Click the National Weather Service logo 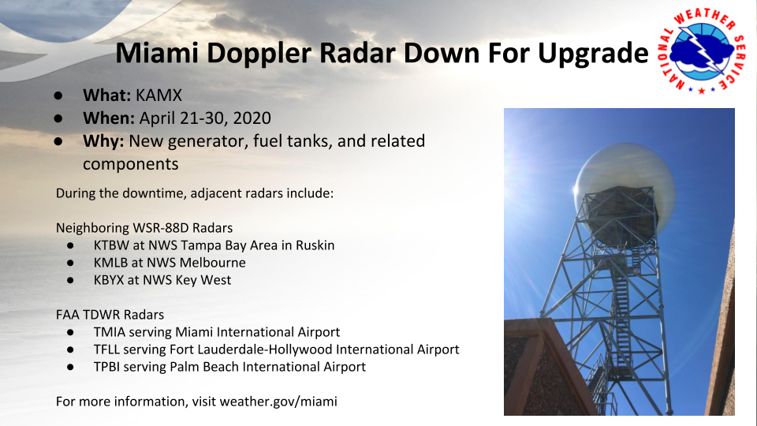701,51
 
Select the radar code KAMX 158,95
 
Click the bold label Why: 103,141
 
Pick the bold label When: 109,118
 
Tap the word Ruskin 315,245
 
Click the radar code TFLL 106,349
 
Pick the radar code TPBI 107,367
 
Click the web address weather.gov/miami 278,402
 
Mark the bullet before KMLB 70,263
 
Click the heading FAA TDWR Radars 110,315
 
